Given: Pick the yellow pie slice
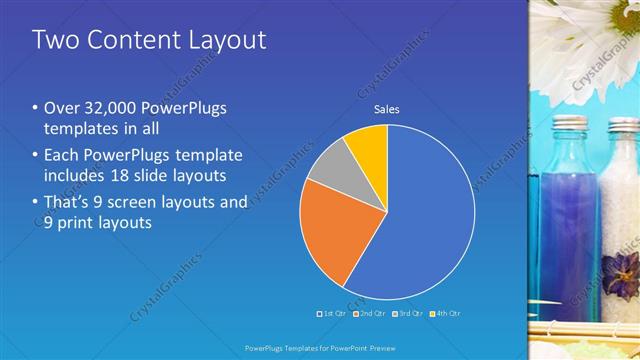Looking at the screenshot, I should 368,145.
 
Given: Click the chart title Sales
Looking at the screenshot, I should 387,109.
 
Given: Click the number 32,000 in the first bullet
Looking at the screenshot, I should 105,108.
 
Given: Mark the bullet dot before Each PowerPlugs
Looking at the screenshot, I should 35,155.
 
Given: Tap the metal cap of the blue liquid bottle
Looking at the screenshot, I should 571,124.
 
